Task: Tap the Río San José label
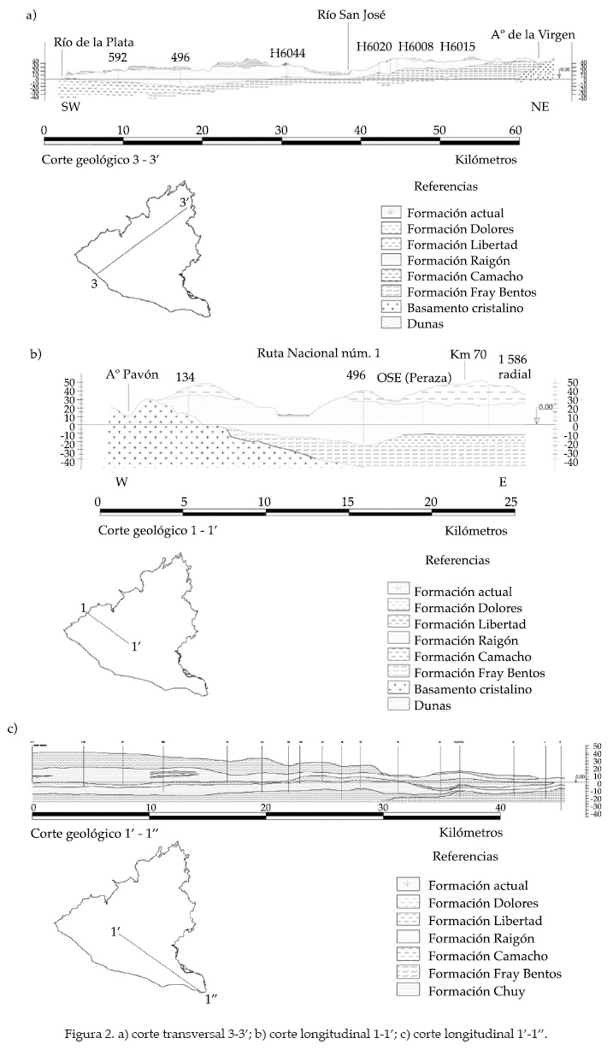click(352, 15)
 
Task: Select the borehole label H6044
click(287, 53)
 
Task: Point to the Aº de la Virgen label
click(533, 34)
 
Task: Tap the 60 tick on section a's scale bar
click(516, 130)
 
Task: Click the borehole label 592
click(118, 57)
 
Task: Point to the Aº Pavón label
click(127, 375)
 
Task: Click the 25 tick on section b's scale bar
click(512, 500)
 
